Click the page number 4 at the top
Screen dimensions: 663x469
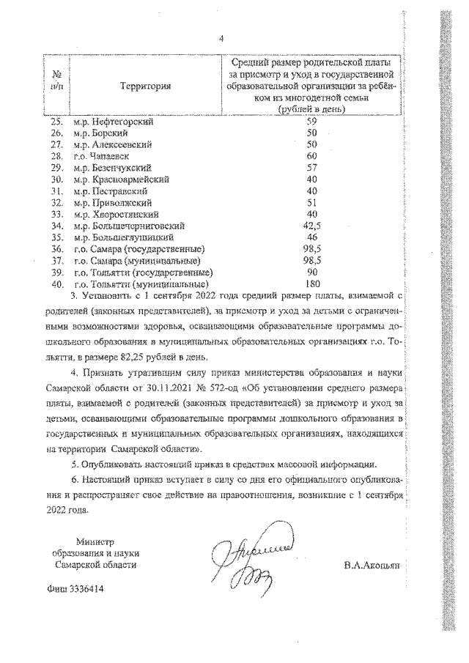(221, 39)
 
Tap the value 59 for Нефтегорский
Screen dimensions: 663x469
(311, 122)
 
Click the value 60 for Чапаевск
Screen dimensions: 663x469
(311, 156)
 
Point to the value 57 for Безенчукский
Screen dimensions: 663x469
(311, 167)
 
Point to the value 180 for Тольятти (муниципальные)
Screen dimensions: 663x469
(313, 284)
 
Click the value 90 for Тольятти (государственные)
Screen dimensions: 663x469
(311, 272)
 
